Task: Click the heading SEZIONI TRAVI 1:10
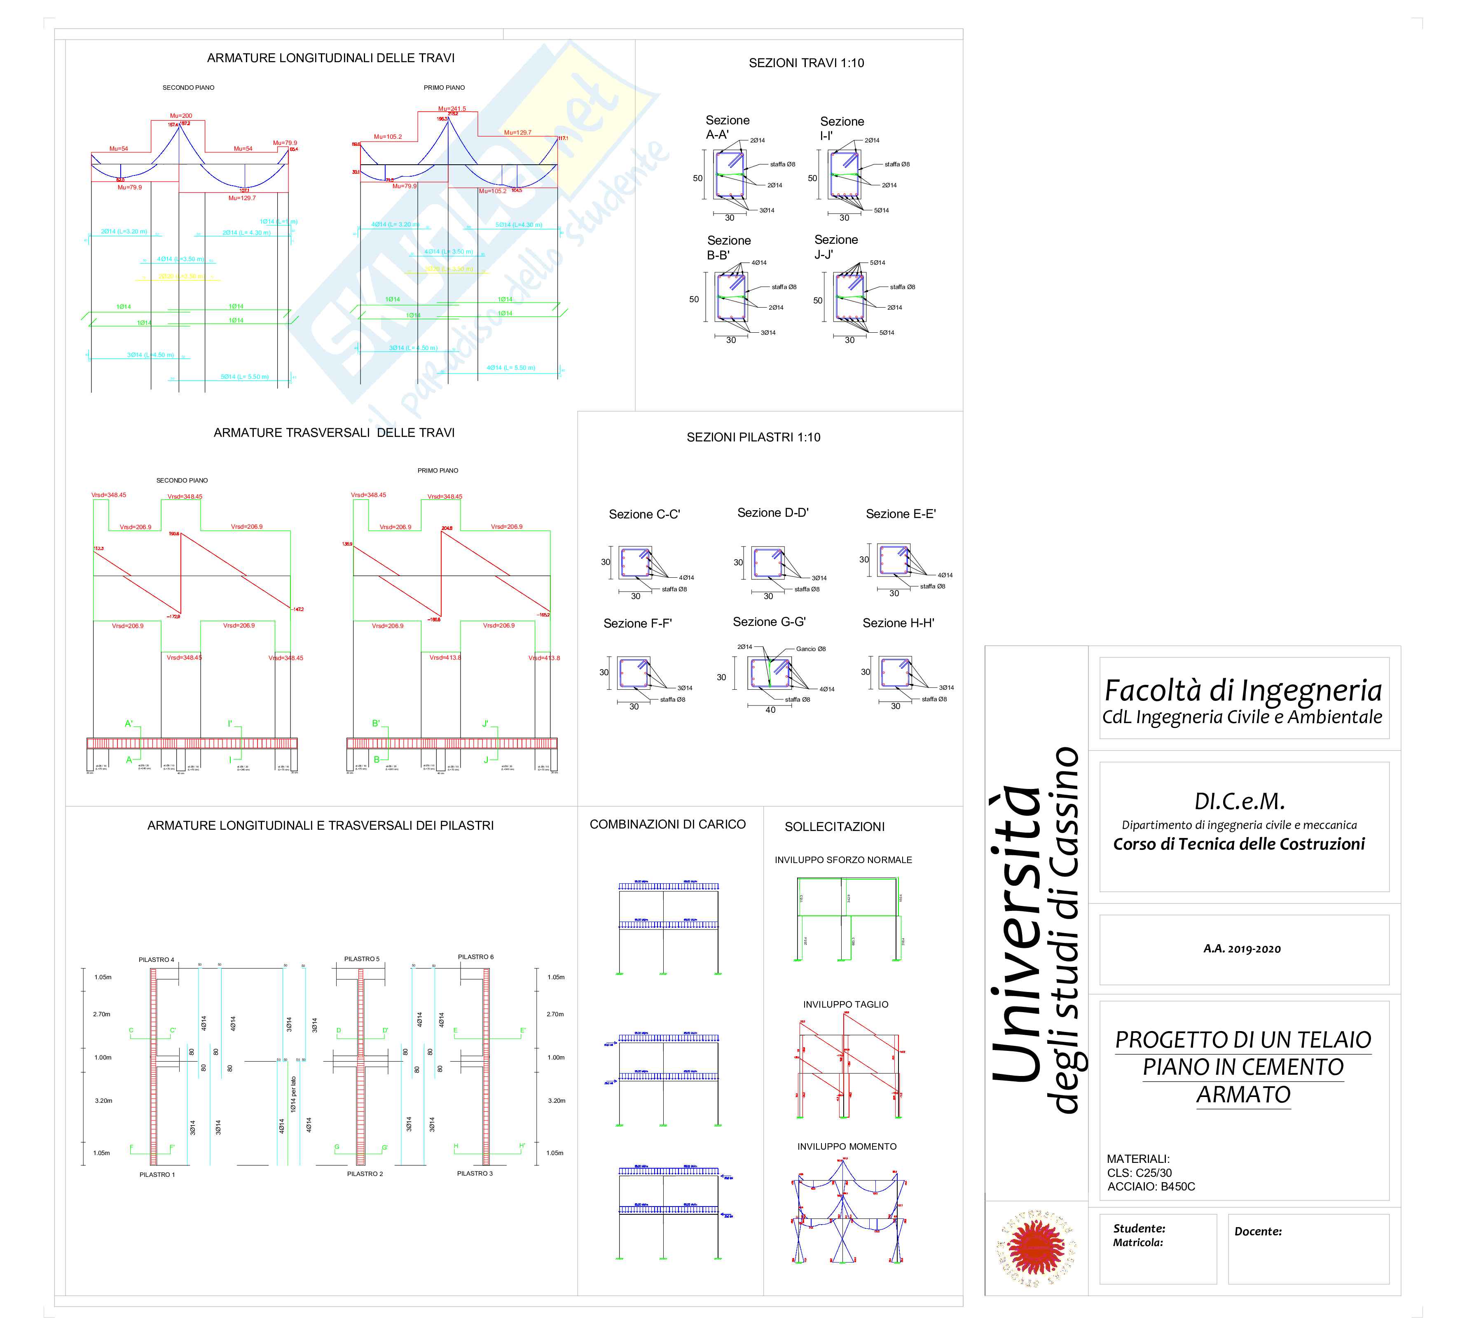(806, 63)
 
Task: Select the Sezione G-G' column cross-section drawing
(770, 673)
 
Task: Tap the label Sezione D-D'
(773, 513)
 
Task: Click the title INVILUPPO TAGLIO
(846, 1005)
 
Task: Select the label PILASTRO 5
(362, 959)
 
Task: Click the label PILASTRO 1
(157, 1174)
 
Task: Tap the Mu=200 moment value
(181, 116)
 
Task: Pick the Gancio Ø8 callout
(811, 649)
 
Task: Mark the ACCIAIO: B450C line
(1151, 1187)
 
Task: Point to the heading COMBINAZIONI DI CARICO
(667, 824)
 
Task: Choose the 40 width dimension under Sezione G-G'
(770, 710)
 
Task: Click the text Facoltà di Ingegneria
(1243, 690)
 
